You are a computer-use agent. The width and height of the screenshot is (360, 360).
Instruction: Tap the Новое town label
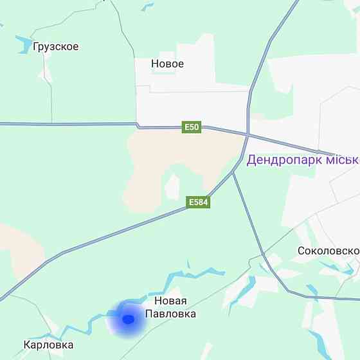point(167,64)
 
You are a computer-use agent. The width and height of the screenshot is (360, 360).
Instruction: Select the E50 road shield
point(192,127)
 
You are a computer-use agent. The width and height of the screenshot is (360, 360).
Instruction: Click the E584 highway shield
point(199,203)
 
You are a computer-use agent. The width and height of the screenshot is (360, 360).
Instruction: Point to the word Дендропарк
point(283,159)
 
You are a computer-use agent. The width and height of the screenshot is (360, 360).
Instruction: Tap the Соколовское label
point(328,251)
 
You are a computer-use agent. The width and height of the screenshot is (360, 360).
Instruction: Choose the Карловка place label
point(48,345)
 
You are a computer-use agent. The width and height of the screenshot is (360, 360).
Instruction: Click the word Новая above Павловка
point(170,301)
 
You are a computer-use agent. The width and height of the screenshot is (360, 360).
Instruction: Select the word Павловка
point(170,314)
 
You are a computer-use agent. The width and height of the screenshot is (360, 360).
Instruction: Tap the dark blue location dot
point(128,319)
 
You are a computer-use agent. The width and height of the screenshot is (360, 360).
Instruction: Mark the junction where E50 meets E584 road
point(248,135)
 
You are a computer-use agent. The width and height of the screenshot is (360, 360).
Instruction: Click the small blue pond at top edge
point(148,7)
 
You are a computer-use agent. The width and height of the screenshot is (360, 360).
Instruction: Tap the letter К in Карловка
point(27,345)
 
